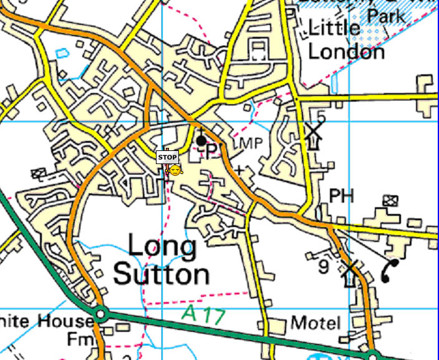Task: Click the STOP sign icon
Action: pyautogui.click(x=167, y=157)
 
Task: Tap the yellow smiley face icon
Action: pyautogui.click(x=176, y=170)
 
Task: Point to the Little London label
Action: pyautogui.click(x=346, y=40)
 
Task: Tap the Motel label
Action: pyautogui.click(x=316, y=323)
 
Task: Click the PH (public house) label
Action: pyautogui.click(x=341, y=196)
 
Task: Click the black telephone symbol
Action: pyautogui.click(x=390, y=271)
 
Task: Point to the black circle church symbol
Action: pyautogui.click(x=201, y=140)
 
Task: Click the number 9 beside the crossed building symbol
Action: pyautogui.click(x=323, y=267)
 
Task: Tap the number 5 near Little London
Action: pyautogui.click(x=321, y=116)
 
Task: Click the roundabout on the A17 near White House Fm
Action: pyautogui.click(x=101, y=313)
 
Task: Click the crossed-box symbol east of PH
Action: pyautogui.click(x=391, y=200)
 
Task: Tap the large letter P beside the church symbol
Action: pyautogui.click(x=212, y=150)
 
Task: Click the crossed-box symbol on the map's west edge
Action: pyautogui.click(x=40, y=173)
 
